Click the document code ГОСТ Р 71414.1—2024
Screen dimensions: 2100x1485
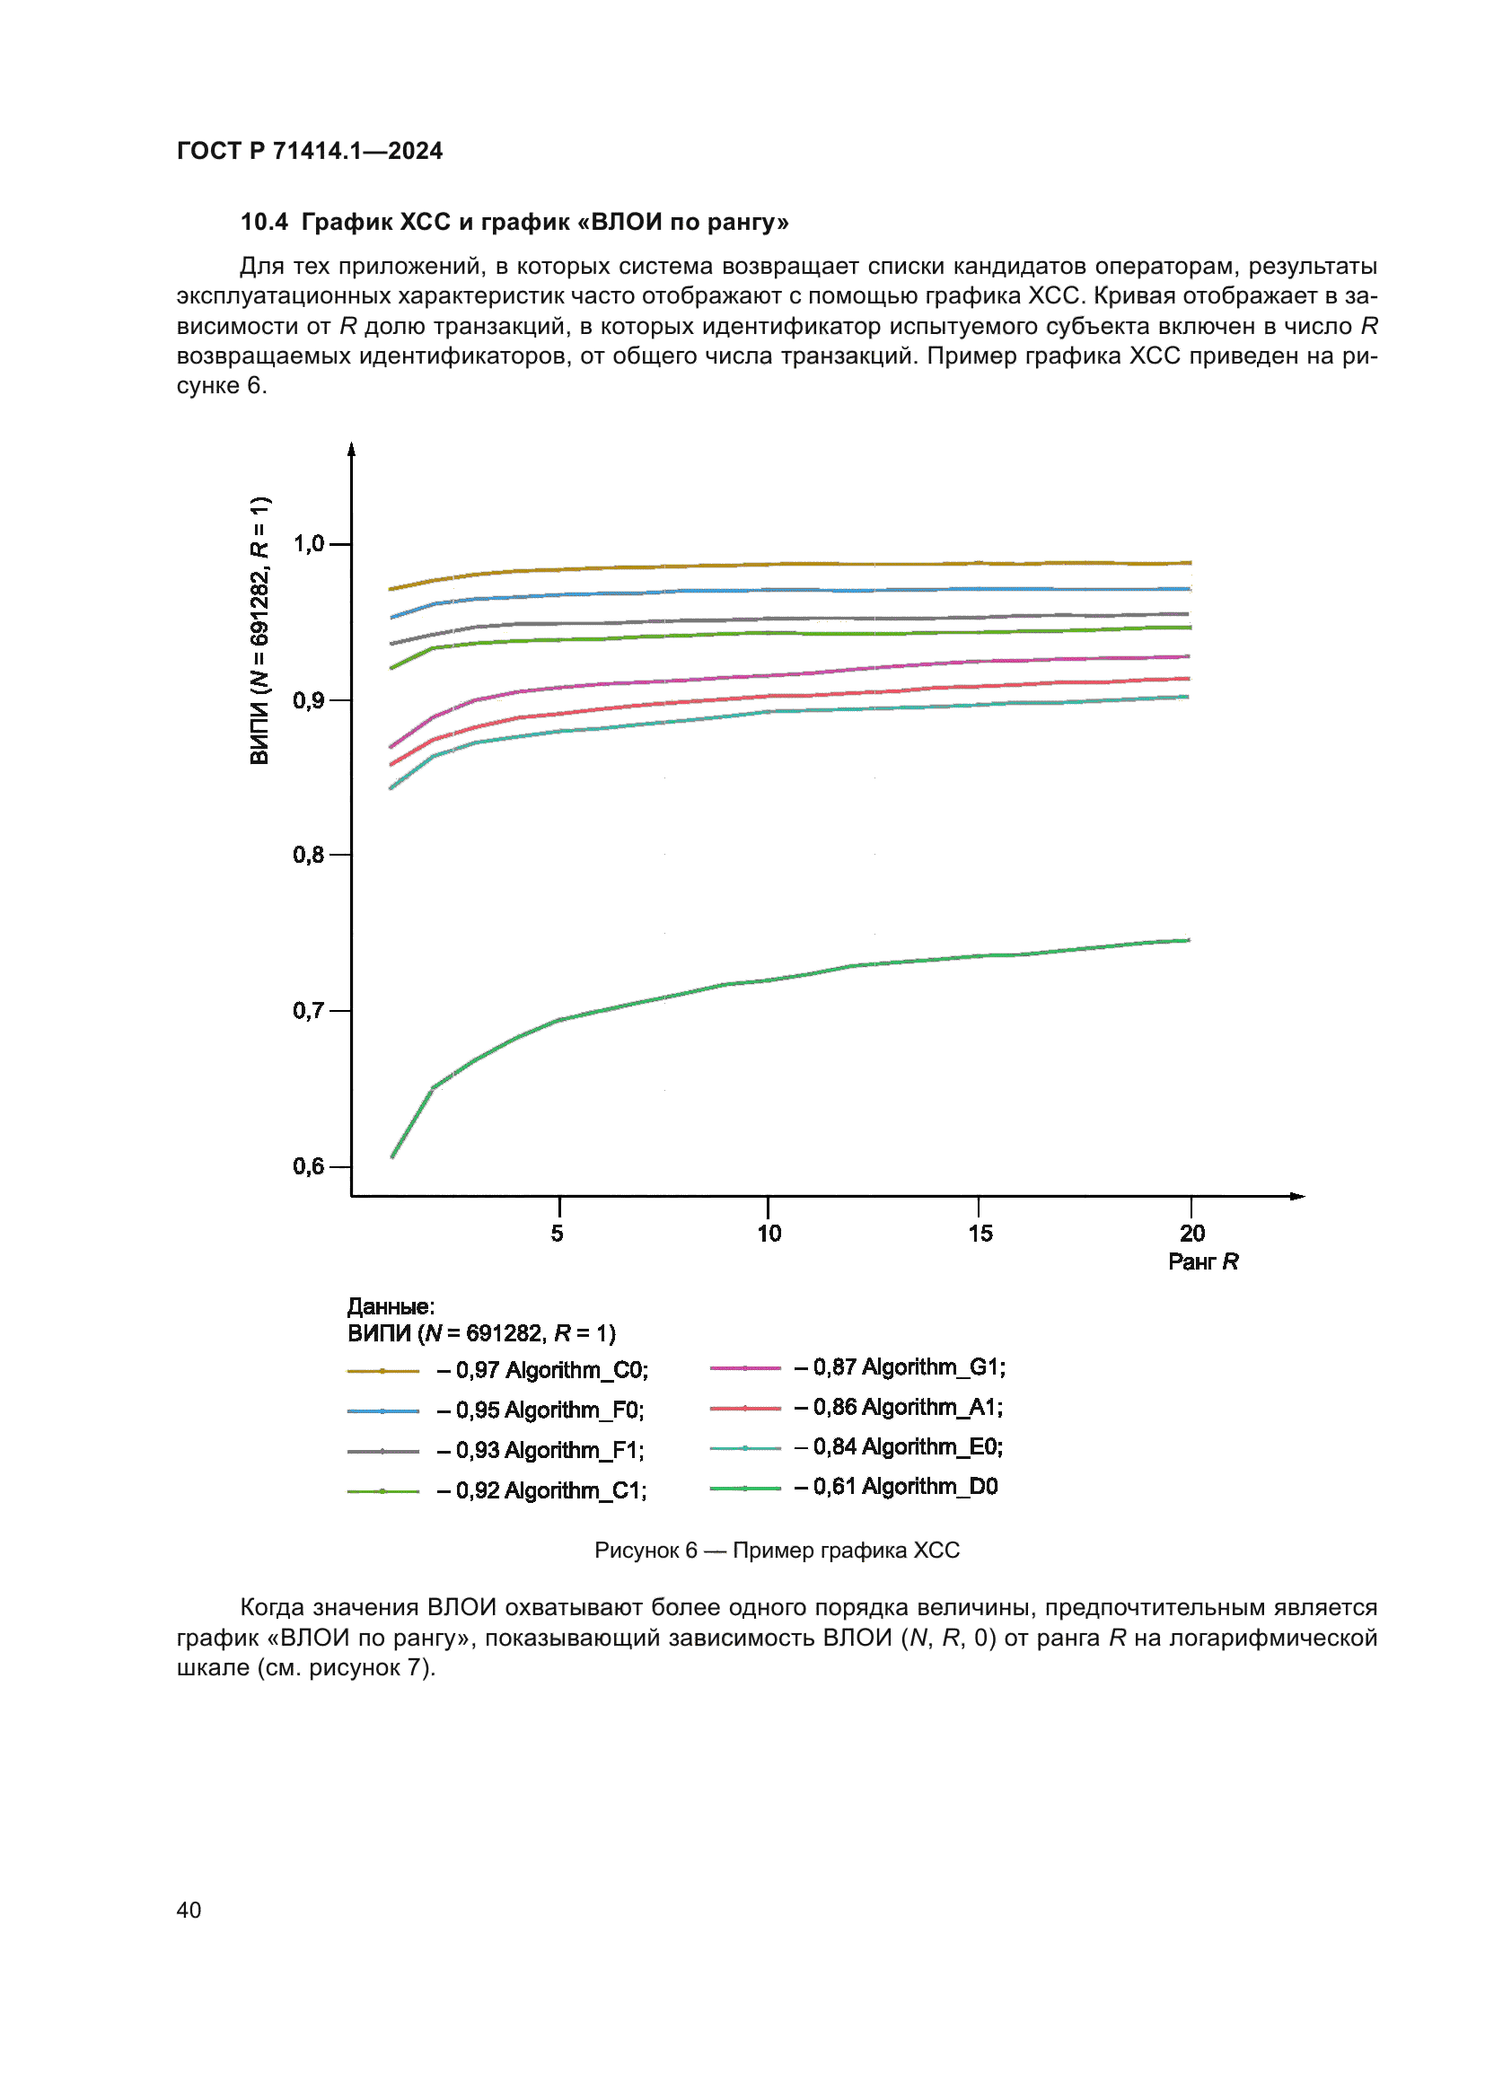click(x=309, y=151)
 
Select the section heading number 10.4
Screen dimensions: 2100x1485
click(x=264, y=223)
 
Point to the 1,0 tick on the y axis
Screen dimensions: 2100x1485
click(x=309, y=544)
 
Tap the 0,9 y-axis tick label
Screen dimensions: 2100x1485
click(x=309, y=700)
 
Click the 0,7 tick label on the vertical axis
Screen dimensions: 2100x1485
click(x=309, y=1011)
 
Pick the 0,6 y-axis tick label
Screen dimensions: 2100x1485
click(x=309, y=1166)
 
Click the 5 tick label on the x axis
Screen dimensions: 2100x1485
click(x=558, y=1234)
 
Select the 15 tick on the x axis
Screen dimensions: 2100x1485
click(x=980, y=1234)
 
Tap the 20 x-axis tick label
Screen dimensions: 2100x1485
click(x=1192, y=1234)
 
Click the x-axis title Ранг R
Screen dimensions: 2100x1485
click(x=1203, y=1262)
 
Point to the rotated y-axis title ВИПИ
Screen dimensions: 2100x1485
click(x=259, y=630)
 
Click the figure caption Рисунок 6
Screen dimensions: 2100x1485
click(x=777, y=1551)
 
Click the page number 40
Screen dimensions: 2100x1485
click(x=189, y=1911)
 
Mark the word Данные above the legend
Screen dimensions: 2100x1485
click(x=391, y=1307)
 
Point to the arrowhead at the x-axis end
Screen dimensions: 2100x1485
click(x=1297, y=1196)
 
